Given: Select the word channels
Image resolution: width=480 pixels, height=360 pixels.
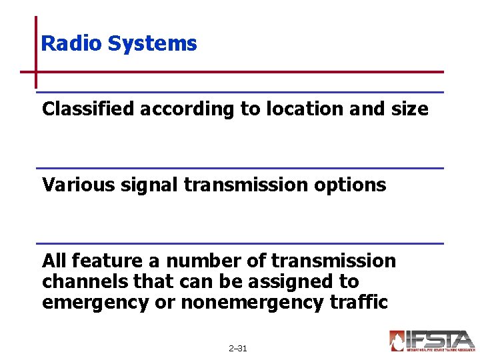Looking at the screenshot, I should tap(86, 281).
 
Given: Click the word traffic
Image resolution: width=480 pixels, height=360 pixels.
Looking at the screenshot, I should tap(358, 302).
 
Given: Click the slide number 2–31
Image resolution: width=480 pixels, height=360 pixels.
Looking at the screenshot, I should tap(237, 349).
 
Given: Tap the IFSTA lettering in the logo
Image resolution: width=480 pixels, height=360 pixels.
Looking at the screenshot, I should tap(441, 339).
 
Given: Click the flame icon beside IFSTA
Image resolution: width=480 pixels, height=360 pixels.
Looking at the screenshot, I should tap(398, 341).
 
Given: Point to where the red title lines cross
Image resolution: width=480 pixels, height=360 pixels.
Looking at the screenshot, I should tap(35, 72).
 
